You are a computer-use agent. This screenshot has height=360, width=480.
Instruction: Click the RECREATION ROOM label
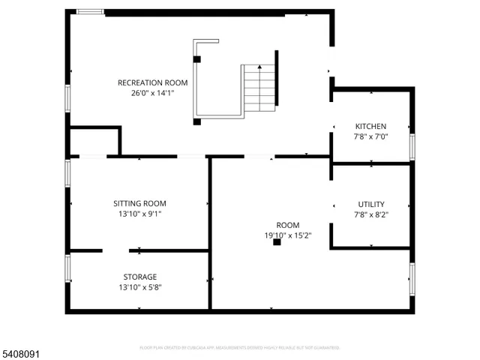152,82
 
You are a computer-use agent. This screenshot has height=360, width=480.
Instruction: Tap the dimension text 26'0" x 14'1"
152,94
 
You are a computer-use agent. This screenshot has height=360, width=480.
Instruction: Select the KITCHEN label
370,126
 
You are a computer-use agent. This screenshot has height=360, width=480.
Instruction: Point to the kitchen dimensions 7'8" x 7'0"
370,137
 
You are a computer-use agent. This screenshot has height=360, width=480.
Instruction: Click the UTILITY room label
370,204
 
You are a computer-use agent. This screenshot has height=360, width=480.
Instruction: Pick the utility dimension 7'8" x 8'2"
370,214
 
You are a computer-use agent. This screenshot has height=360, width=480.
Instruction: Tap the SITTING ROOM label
139,203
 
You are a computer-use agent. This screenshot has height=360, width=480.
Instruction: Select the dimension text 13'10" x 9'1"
139,214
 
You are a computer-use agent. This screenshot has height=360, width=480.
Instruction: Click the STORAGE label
139,277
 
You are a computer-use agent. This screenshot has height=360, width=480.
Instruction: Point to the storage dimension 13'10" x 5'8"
139,287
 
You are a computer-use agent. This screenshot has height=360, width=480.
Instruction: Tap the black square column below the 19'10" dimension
277,242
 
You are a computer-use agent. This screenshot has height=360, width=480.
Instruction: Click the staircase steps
259,88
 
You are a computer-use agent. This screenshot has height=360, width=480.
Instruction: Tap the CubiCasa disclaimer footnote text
239,348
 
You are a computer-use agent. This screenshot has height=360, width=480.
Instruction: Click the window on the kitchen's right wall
412,145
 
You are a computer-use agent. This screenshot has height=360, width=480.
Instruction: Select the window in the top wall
91,11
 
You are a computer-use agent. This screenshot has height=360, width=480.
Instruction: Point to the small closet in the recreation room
94,142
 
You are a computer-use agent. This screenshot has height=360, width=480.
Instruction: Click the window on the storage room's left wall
67,268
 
